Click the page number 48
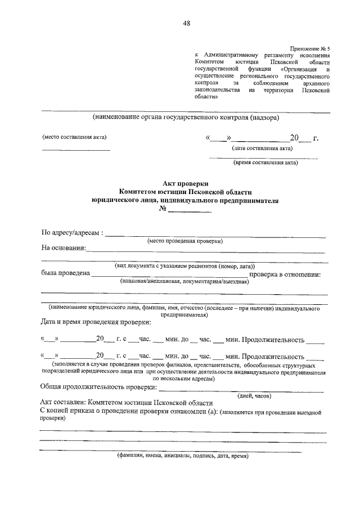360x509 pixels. [x=186, y=23]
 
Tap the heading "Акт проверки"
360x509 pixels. [x=186, y=183]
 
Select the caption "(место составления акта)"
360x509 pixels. [x=74, y=137]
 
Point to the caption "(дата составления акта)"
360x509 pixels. [x=262, y=149]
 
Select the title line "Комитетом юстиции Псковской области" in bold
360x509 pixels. [x=186, y=192]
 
